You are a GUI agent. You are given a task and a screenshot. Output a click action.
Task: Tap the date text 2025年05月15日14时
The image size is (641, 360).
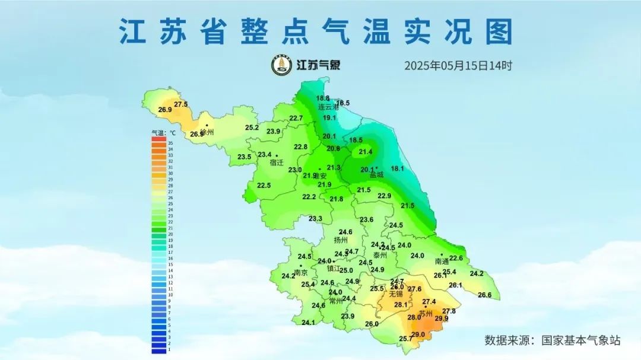click(x=458, y=65)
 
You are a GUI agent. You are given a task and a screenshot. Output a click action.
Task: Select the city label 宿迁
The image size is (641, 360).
click(x=277, y=163)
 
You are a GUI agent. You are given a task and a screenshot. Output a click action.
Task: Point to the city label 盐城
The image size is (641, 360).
click(x=376, y=175)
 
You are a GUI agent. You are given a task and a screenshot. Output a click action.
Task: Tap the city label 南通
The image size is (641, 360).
click(x=442, y=261)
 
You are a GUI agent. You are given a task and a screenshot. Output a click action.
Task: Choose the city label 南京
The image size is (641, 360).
click(x=301, y=273)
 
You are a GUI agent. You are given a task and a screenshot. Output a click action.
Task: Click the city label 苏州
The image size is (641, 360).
click(x=426, y=313)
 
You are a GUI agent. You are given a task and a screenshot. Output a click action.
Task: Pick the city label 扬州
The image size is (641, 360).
click(x=341, y=240)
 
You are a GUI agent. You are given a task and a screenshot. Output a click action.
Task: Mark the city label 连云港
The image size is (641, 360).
click(x=328, y=107)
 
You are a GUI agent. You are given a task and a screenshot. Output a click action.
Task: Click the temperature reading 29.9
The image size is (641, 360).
click(x=442, y=319)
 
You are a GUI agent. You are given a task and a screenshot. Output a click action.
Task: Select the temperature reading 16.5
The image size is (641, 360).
click(x=343, y=103)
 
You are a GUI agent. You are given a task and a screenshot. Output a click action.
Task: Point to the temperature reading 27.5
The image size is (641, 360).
click(x=181, y=104)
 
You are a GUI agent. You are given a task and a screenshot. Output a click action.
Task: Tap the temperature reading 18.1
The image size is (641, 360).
click(x=397, y=169)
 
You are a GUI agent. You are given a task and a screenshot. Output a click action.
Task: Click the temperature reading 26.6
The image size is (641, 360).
click(x=485, y=295)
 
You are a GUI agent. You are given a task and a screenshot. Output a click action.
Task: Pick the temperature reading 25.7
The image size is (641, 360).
click(x=405, y=339)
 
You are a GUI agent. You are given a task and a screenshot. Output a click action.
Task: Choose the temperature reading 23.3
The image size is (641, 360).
click(x=315, y=219)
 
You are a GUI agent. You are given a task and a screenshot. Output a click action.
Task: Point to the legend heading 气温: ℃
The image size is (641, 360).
click(x=164, y=133)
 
